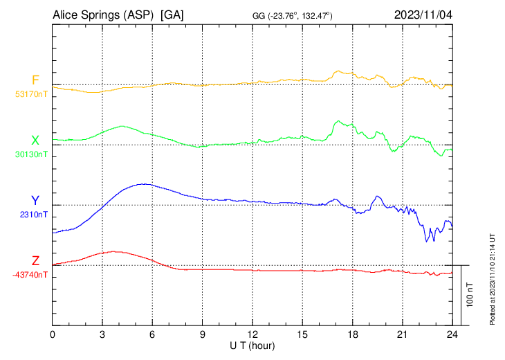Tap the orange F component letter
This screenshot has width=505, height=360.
coord(35,80)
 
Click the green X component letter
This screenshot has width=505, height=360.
coord(35,141)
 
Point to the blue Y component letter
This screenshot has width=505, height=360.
coord(35,201)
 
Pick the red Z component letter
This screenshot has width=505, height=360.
coord(35,261)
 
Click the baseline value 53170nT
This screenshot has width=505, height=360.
coord(31,94)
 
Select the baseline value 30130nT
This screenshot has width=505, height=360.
coord(31,154)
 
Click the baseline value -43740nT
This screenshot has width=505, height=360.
coord(30,275)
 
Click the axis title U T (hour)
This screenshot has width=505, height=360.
coord(253,345)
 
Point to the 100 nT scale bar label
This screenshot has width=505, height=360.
coord(470,295)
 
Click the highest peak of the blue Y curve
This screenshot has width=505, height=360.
coord(144,183)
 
